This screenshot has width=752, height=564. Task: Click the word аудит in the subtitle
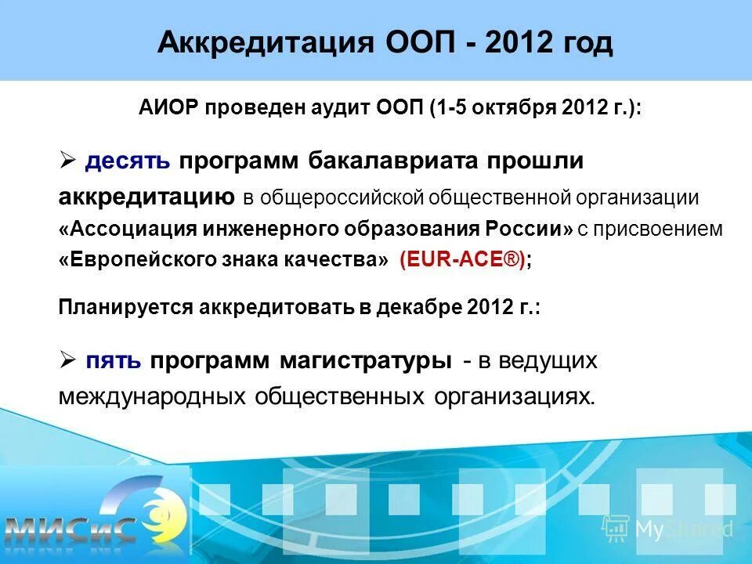tap(377, 109)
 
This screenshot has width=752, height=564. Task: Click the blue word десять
tap(128, 161)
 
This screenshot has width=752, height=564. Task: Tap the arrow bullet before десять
tap(67, 161)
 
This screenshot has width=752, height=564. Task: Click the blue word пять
tap(114, 361)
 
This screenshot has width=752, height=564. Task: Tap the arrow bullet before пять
tap(67, 360)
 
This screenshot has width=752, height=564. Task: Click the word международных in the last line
tap(152, 396)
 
